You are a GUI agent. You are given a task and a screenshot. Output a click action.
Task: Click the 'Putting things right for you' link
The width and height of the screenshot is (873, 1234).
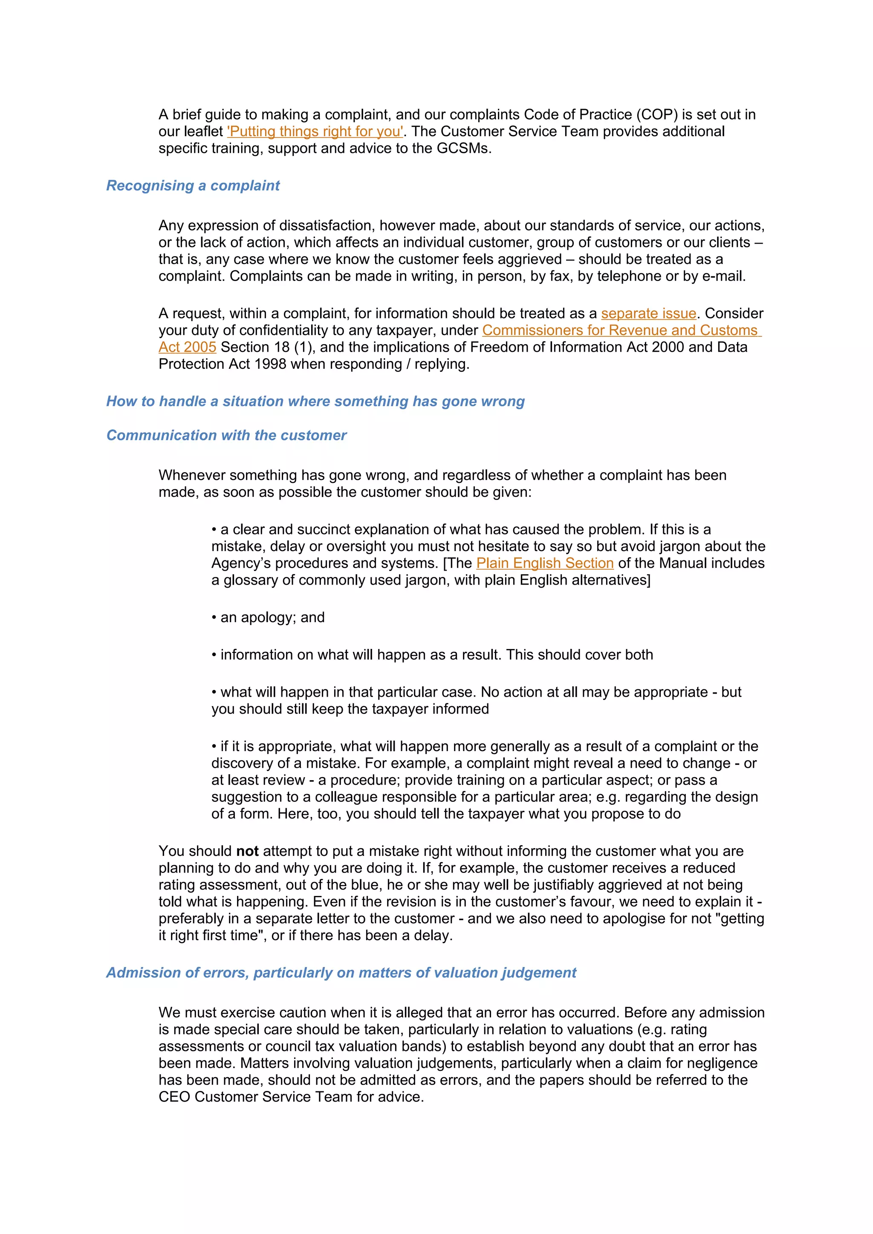click(315, 132)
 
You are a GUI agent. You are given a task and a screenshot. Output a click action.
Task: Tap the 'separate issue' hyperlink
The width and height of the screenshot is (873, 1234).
click(648, 313)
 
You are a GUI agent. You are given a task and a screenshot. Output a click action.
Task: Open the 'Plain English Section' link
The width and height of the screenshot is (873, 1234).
click(544, 563)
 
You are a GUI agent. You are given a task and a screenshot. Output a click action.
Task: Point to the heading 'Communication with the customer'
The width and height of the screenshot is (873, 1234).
click(226, 435)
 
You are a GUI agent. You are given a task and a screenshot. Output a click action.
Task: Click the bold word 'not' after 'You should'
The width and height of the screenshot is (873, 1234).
click(247, 851)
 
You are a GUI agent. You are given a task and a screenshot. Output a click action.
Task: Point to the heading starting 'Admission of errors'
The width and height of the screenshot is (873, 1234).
click(341, 973)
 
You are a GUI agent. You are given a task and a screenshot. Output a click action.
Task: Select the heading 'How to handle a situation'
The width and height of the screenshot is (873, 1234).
click(315, 402)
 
